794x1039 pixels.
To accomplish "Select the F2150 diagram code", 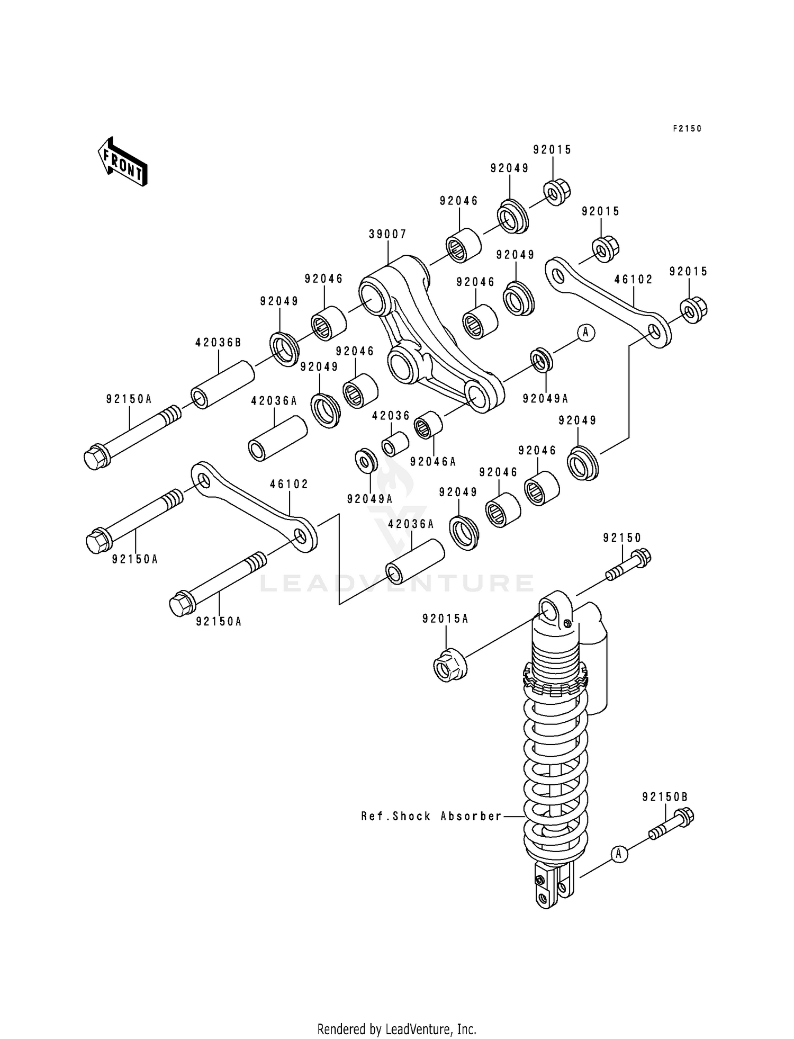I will [x=687, y=129].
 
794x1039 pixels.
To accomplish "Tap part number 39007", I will [x=387, y=234].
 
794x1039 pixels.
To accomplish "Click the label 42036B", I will [x=218, y=343].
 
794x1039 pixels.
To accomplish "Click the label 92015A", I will [x=445, y=619].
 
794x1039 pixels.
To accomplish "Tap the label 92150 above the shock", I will [x=622, y=538].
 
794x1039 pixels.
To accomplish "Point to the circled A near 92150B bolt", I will [x=618, y=854].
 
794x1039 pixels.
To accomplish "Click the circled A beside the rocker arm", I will [x=585, y=332].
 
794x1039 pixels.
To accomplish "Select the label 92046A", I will [x=432, y=462].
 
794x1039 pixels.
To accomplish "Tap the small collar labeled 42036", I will [x=395, y=444].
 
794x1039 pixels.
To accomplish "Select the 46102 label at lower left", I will [x=289, y=484].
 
